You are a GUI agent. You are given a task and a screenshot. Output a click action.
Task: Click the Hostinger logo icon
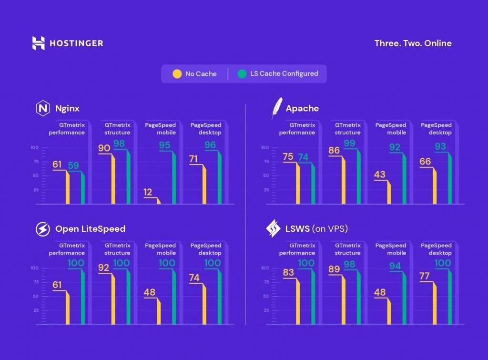click(x=38, y=43)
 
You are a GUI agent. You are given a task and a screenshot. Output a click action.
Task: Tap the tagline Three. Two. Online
click(x=413, y=43)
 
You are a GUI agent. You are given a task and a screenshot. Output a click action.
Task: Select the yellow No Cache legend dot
click(x=177, y=74)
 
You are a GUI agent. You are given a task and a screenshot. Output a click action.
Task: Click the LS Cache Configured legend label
click(x=284, y=74)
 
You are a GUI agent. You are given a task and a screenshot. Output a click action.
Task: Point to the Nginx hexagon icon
click(x=43, y=109)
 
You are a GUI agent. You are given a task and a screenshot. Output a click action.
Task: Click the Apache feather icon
click(x=276, y=108)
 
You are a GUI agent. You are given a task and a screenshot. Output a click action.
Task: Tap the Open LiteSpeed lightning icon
click(x=43, y=229)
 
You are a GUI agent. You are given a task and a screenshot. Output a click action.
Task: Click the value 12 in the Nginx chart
click(x=148, y=192)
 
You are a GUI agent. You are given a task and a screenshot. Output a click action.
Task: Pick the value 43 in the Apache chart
click(x=379, y=175)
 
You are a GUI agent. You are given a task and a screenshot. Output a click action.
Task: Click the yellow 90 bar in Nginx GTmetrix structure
click(x=113, y=179)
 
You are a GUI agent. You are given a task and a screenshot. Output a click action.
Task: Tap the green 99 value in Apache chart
click(x=349, y=144)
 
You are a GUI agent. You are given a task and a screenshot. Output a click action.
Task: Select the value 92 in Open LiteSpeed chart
click(x=104, y=268)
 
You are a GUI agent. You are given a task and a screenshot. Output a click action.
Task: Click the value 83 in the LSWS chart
click(x=288, y=273)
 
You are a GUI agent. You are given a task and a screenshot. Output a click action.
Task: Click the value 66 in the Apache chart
click(x=425, y=162)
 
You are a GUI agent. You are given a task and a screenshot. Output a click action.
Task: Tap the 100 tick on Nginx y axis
click(x=34, y=148)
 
